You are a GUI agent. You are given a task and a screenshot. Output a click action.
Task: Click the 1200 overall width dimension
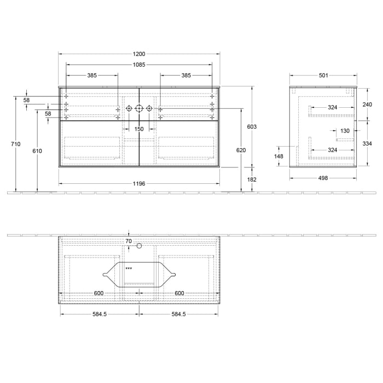pyautogui.click(x=139, y=54)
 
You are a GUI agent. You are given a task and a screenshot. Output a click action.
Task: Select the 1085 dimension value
pyautogui.click(x=139, y=65)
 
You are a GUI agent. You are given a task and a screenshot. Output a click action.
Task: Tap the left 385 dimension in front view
pyautogui.click(x=92, y=75)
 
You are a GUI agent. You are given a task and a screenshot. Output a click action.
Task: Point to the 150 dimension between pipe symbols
pyautogui.click(x=139, y=129)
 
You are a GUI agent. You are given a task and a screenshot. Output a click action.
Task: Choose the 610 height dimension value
pyautogui.click(x=37, y=150)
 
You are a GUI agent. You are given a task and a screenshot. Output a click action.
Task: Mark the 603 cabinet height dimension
pyautogui.click(x=252, y=126)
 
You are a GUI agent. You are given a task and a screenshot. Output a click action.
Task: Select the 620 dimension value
pyautogui.click(x=241, y=150)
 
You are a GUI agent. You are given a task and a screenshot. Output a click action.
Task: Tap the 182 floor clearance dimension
pyautogui.click(x=252, y=179)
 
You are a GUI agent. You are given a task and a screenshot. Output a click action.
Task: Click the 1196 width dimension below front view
pyautogui.click(x=139, y=184)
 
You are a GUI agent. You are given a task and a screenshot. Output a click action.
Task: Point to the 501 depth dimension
pyautogui.click(x=323, y=75)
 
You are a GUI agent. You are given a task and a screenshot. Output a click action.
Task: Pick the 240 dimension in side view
pyautogui.click(x=367, y=104)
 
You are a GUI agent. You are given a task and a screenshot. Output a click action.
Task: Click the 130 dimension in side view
pyautogui.click(x=345, y=131)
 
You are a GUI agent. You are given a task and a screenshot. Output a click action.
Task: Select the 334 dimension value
pyautogui.click(x=367, y=143)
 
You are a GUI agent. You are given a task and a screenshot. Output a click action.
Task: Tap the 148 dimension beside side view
pyautogui.click(x=279, y=156)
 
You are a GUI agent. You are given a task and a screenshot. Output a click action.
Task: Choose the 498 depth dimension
pyautogui.click(x=323, y=178)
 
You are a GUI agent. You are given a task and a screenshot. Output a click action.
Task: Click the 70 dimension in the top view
pyautogui.click(x=129, y=241)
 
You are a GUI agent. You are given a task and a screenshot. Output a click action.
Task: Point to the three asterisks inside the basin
pyautogui.click(x=129, y=269)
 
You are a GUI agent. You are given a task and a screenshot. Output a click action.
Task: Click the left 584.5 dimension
pyautogui.click(x=100, y=314)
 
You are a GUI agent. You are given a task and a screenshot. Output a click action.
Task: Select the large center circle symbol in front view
pyautogui.click(x=139, y=109)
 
